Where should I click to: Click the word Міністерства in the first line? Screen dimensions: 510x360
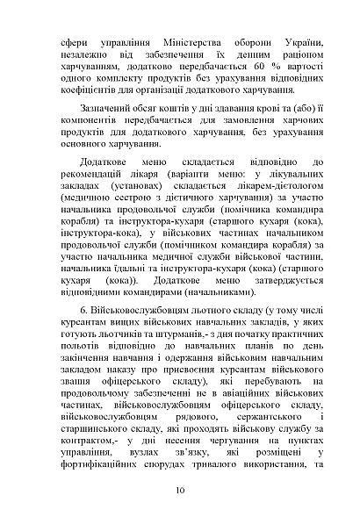click(x=188, y=44)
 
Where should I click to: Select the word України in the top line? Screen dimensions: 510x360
click(x=303, y=44)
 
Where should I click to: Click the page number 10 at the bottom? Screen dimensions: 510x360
click(x=180, y=490)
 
